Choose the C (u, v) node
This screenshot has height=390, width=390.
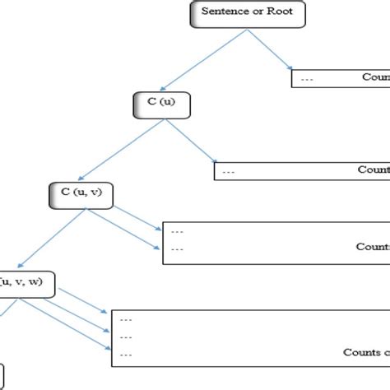[x=80, y=195]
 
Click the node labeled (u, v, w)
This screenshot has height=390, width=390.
[x=25, y=284]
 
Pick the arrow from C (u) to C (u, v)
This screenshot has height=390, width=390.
[x=119, y=151]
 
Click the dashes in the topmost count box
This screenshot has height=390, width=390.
[x=308, y=80]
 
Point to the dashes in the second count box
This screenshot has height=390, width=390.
[x=229, y=173]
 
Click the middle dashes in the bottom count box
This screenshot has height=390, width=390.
[x=127, y=337]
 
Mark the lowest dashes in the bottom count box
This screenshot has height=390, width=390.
[x=127, y=354]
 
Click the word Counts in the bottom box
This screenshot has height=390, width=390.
[x=360, y=353]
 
